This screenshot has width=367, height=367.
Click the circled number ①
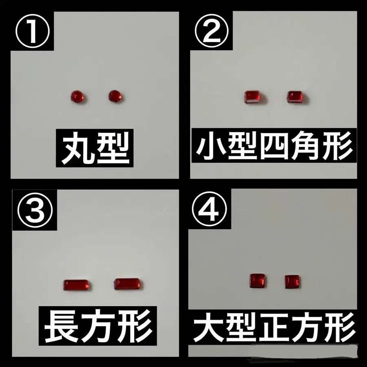33,31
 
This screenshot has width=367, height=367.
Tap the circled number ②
212,31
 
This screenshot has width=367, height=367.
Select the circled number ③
35,210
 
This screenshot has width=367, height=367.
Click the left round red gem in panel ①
77,96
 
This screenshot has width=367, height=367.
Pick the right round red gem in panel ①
115,96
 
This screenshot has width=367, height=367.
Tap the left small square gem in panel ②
252,97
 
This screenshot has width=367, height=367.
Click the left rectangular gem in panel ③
76,285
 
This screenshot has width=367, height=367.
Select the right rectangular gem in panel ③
127,284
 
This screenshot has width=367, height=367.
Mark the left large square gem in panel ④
257,281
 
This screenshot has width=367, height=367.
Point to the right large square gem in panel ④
292,281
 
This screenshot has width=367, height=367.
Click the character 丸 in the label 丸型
77,148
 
